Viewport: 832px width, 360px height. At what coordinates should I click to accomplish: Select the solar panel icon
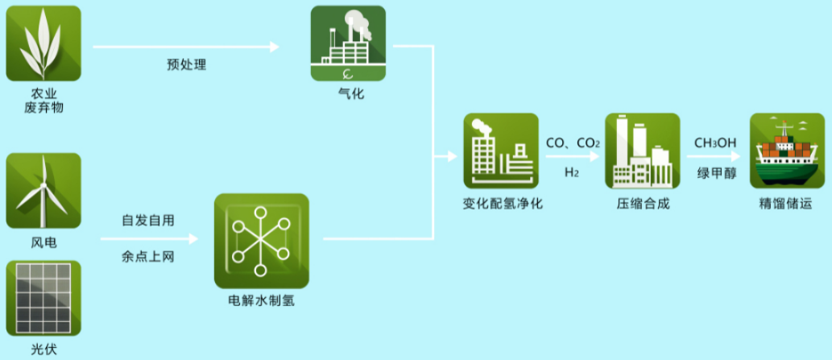[43, 298]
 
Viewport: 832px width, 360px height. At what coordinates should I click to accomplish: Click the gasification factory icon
[348, 43]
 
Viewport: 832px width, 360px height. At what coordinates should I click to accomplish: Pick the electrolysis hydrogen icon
[262, 241]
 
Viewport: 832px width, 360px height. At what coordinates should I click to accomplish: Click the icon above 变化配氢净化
[500, 151]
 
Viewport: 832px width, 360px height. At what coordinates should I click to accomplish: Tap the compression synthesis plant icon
[642, 151]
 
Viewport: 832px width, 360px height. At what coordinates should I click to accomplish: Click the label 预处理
[187, 64]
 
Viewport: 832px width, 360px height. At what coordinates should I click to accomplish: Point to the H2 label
[571, 172]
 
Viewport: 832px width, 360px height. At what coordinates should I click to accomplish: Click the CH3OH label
[715, 143]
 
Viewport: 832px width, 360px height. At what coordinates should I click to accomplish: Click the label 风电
[43, 242]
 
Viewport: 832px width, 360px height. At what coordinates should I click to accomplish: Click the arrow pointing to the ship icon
[716, 158]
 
